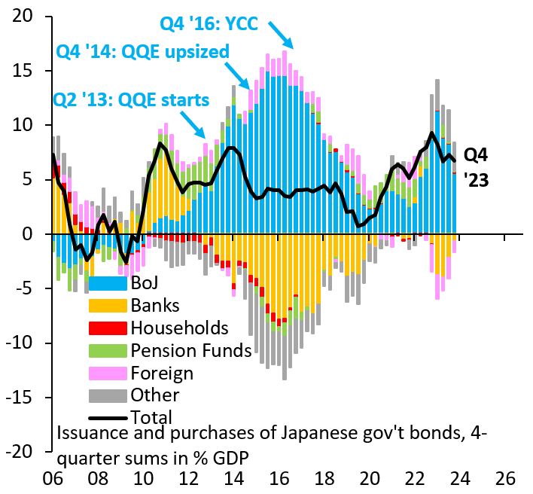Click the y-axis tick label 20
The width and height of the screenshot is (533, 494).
27,17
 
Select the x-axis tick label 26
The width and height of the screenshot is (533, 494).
504,479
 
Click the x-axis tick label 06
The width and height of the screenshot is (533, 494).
53,479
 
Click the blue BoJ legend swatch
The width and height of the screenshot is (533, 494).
106,284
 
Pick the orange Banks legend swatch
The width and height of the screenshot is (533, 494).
106,306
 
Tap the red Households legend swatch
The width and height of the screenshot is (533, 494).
106,328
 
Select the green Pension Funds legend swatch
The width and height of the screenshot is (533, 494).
106,350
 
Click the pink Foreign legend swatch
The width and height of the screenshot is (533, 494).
106,373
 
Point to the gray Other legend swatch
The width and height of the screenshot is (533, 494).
106,395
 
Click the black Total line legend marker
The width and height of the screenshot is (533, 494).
106,416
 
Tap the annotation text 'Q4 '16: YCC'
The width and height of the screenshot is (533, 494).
209,23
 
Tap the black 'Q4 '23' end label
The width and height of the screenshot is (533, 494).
476,167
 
